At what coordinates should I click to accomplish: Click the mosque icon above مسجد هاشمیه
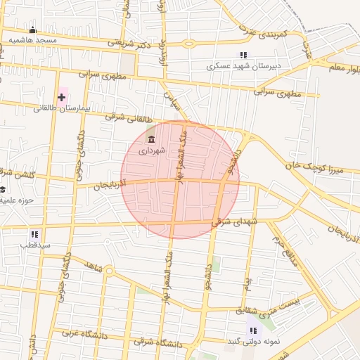(x=32, y=30)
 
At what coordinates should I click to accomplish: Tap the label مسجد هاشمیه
(x=32, y=41)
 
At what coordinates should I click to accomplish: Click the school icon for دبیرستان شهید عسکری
(x=243, y=55)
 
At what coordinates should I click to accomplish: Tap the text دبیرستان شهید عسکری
(x=243, y=66)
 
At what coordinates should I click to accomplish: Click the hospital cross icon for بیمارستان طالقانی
(x=62, y=96)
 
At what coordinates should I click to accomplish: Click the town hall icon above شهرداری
(x=151, y=139)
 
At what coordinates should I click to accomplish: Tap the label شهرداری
(x=151, y=150)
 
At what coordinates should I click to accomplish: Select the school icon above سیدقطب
(x=34, y=234)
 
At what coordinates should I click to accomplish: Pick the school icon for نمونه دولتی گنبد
(x=252, y=330)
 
